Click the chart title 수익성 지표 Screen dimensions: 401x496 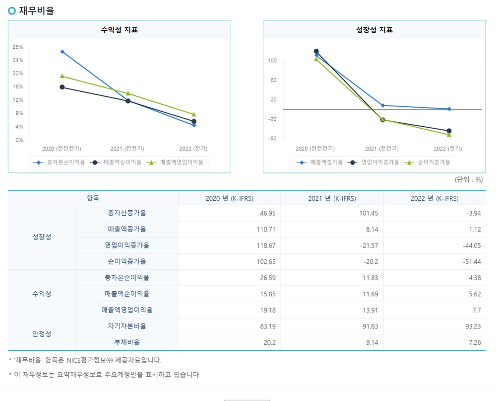(x=119, y=30)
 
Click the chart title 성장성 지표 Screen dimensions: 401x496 (x=374, y=30)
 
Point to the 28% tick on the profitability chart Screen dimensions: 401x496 (x=18, y=47)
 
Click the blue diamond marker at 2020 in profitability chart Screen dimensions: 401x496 (x=62, y=52)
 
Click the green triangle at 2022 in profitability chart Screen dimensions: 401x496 (x=194, y=114)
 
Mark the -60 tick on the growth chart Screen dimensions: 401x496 (x=272, y=139)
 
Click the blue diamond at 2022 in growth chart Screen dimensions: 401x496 (x=449, y=109)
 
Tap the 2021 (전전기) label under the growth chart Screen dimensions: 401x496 (x=381, y=149)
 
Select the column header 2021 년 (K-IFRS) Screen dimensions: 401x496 (x=331, y=198)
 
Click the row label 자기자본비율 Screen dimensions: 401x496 (x=126, y=326)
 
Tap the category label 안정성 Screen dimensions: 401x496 (x=42, y=334)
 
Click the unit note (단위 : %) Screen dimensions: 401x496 (x=468, y=180)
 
